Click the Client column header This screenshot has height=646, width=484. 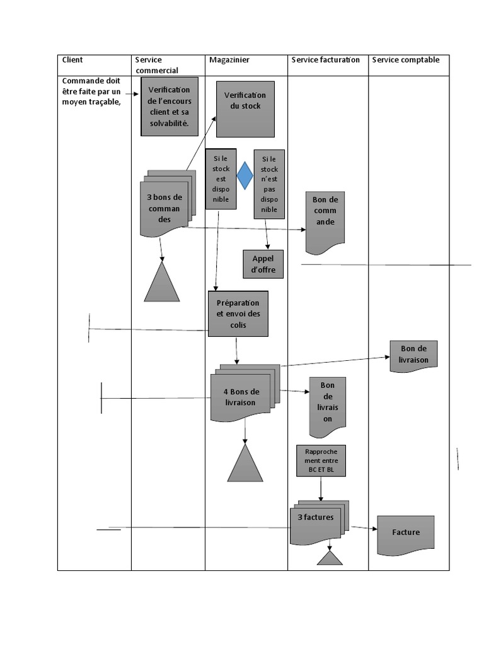click(72, 60)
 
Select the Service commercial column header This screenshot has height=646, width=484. click(157, 65)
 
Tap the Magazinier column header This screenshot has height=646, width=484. click(229, 60)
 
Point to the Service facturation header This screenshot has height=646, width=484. click(326, 60)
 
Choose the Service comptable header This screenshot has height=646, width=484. click(406, 60)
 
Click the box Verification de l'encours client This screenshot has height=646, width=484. click(169, 106)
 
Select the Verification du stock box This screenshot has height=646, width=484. click(245, 109)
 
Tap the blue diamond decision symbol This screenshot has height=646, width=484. click(245, 176)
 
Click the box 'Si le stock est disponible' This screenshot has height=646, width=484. click(221, 179)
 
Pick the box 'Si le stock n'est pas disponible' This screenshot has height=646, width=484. click(269, 184)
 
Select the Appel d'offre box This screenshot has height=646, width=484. click(263, 264)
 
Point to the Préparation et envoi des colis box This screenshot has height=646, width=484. click(238, 314)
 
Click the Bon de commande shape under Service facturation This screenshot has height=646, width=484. click(325, 218)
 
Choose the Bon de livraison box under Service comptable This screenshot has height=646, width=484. click(413, 355)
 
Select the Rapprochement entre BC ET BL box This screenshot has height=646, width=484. click(321, 461)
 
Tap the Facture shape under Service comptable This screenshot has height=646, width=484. click(406, 533)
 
